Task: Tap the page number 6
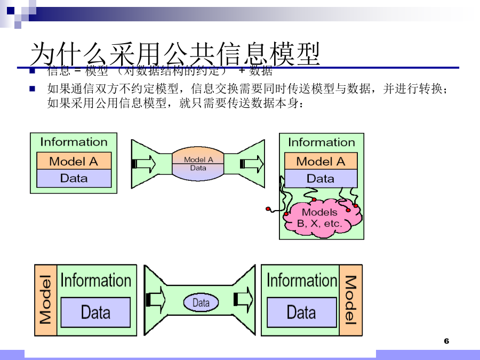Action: pos(446,341)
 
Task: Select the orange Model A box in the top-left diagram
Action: pos(74,161)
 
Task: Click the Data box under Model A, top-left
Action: pos(74,178)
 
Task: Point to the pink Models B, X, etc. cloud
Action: pos(321,218)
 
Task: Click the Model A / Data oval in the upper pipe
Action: pos(198,163)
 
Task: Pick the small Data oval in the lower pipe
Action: pos(201,303)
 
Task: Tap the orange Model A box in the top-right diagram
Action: pos(321,161)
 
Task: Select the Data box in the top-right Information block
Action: pos(321,178)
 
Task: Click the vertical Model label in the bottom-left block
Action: pos(46,300)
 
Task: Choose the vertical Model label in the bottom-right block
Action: pos(350,300)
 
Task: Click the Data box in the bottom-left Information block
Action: pos(95,313)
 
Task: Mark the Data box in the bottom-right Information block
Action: pos(301,313)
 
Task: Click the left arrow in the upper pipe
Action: pos(144,163)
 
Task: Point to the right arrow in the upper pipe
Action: pos(251,163)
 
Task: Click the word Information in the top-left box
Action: pos(74,142)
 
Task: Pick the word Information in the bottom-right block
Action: pos(301,280)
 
